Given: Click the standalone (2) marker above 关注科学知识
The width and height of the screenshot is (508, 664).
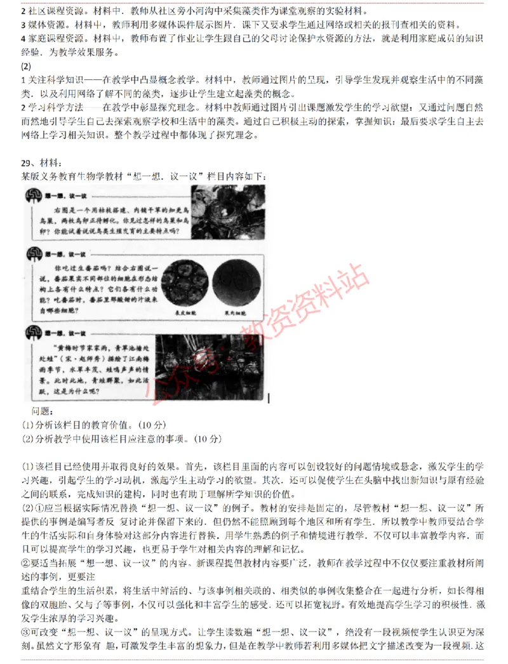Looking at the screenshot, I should (x=26, y=67).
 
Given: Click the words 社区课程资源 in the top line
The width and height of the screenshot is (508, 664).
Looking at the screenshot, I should (x=48, y=11).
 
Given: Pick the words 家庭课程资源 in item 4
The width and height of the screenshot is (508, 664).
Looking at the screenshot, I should (x=51, y=38).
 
